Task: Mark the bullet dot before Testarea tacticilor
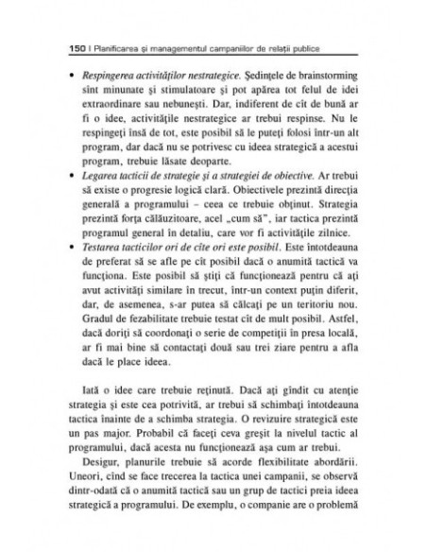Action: point(63,270)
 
